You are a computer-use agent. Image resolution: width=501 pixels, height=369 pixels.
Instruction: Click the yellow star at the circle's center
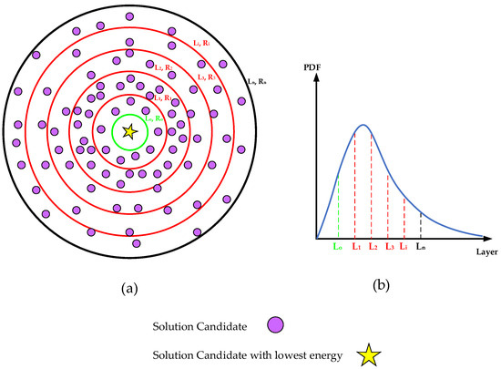[130, 133]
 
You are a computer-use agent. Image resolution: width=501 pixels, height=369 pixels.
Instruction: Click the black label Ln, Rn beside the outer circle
[257, 82]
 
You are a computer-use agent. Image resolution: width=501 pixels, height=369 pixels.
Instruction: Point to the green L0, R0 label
[154, 118]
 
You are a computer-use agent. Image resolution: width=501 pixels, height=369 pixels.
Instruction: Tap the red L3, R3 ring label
[208, 79]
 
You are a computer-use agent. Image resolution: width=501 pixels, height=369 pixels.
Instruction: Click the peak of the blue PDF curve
[363, 124]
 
